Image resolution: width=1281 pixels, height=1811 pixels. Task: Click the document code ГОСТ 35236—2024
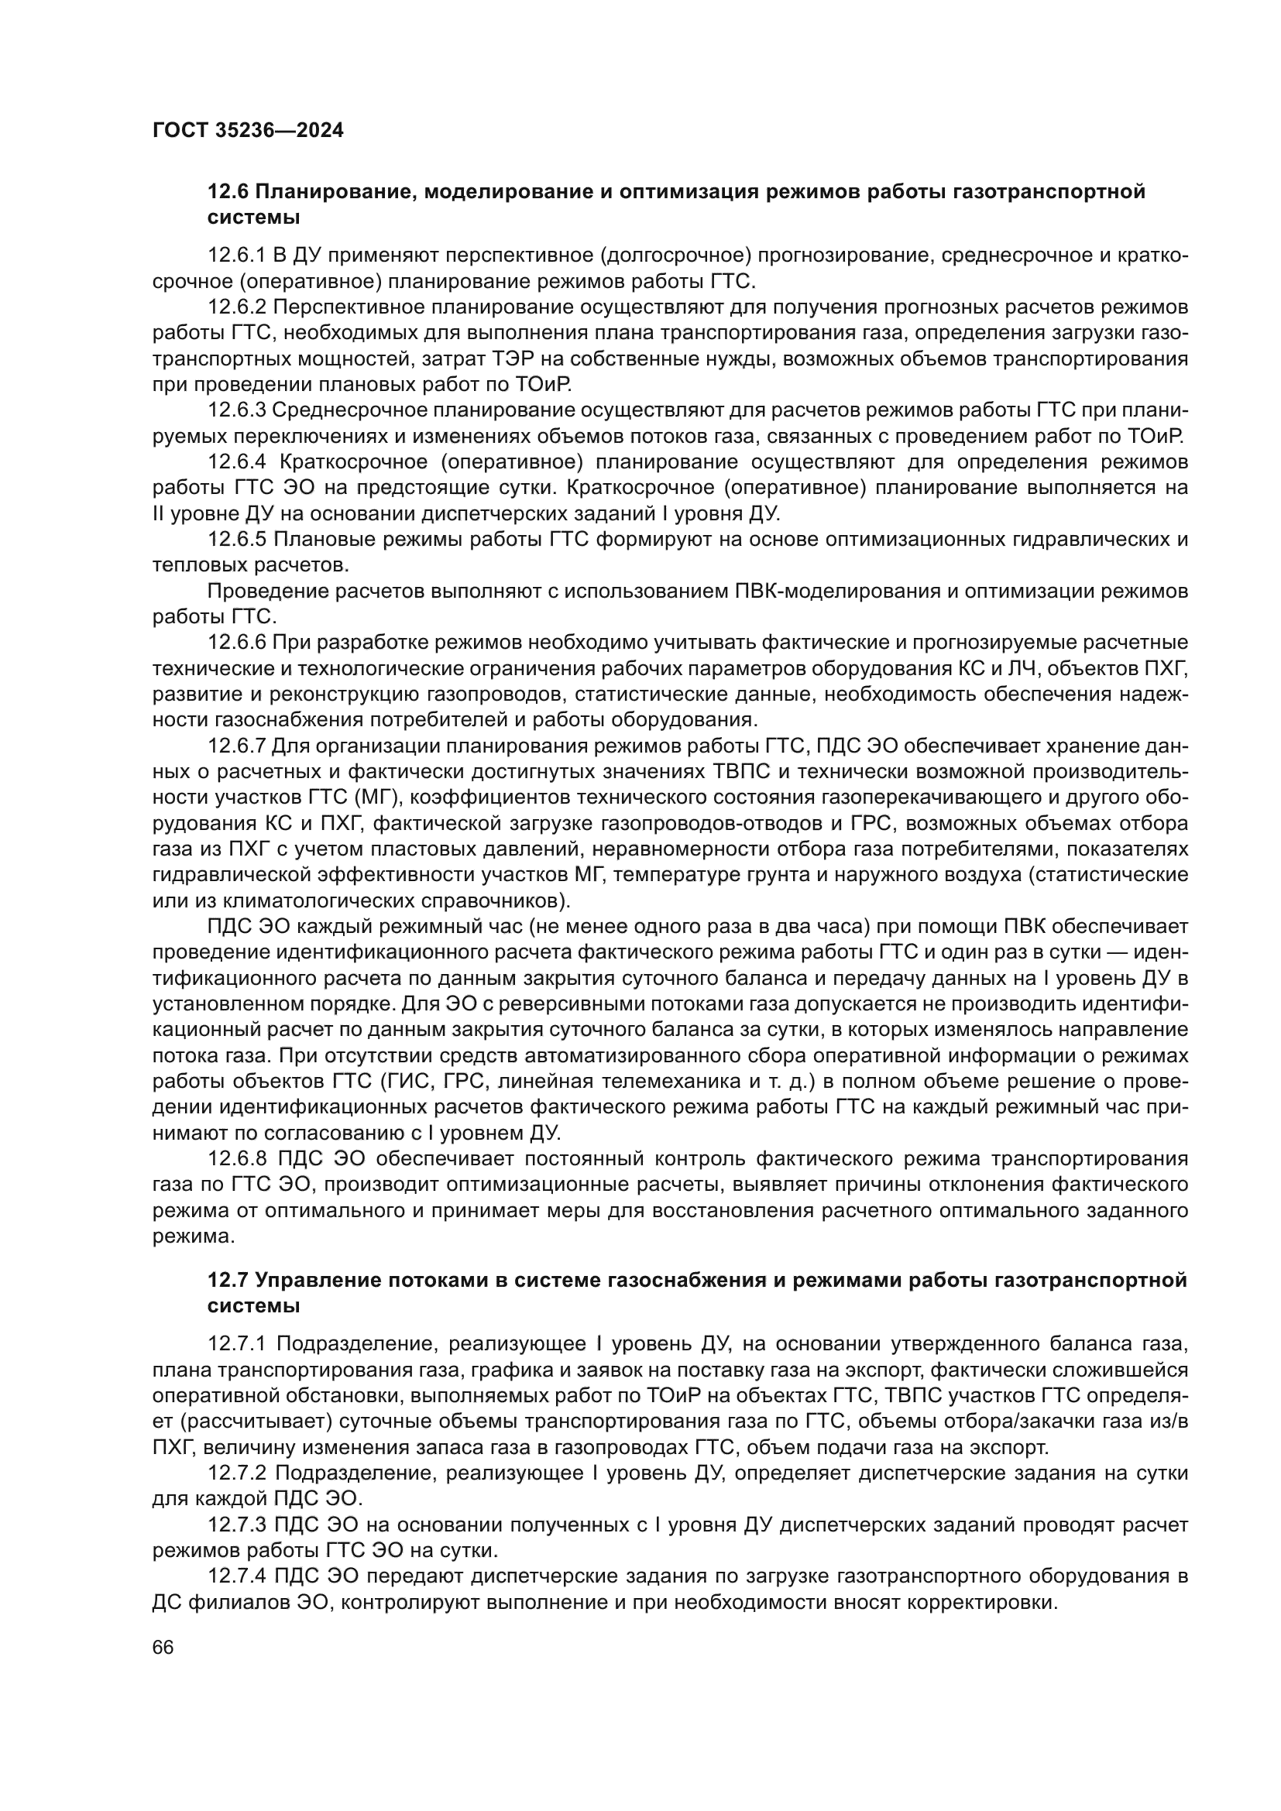[x=248, y=130]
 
